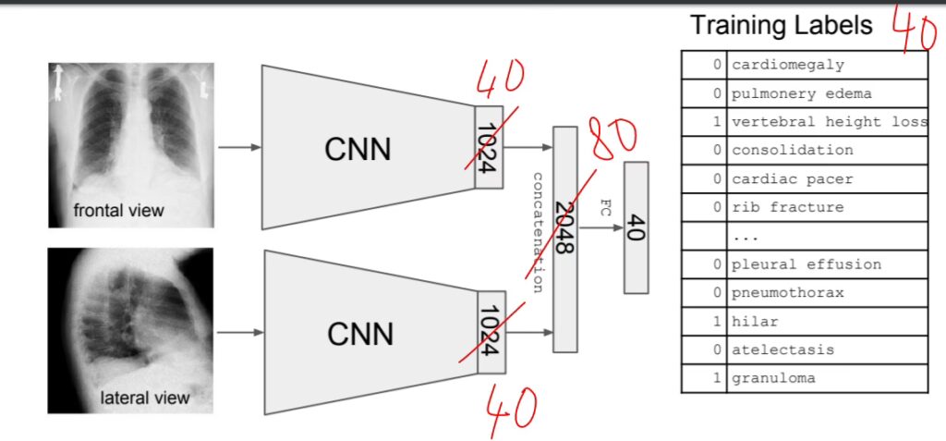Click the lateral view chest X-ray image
130,329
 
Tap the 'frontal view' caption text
118,211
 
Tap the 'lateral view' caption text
145,398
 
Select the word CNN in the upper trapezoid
358,148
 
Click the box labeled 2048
564,239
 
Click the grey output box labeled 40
636,227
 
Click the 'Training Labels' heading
781,26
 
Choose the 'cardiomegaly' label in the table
787,65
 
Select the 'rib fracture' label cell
787,207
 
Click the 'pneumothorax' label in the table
787,293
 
